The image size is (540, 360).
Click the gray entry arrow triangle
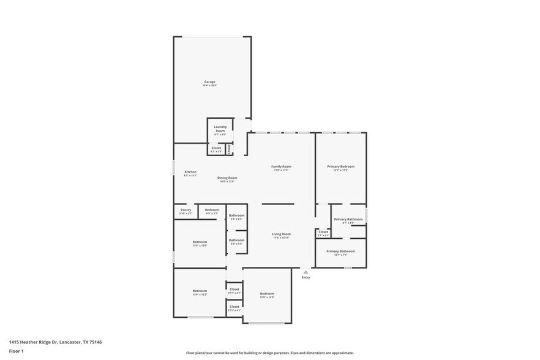306,271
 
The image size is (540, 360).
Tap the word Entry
306,277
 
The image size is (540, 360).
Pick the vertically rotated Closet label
229,149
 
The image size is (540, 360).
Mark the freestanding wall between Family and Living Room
278,204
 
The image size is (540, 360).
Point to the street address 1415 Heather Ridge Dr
55,342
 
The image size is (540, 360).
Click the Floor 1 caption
16,351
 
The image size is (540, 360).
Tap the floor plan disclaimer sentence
269,353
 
